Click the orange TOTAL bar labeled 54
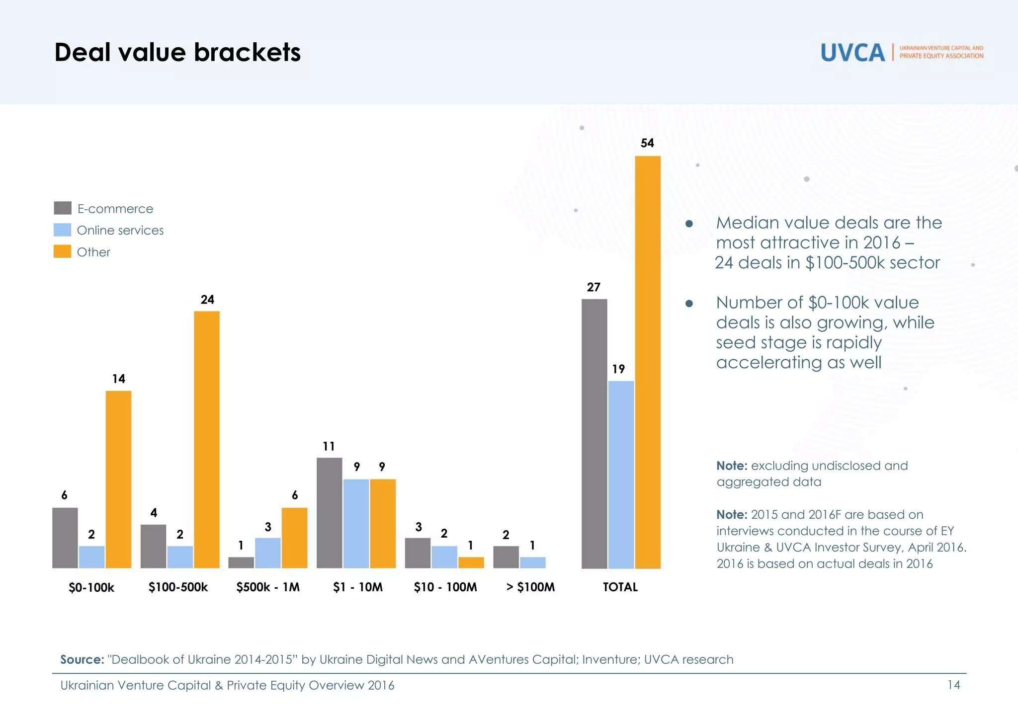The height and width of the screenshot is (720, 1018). point(648,363)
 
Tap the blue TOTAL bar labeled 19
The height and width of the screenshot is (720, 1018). point(621,475)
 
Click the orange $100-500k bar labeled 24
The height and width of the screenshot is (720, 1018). point(207,440)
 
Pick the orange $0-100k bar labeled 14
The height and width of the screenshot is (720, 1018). point(118,480)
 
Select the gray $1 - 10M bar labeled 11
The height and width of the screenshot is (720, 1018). point(329,513)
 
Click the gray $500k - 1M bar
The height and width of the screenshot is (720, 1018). point(241,562)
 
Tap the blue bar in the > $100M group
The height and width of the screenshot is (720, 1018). point(532,562)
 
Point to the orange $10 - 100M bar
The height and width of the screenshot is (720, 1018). point(471,562)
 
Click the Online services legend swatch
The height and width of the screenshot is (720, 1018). point(62,230)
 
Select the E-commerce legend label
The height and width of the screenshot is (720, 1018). point(115,209)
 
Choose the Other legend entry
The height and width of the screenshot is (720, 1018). point(93,252)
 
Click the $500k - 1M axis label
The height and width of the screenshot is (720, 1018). point(268,587)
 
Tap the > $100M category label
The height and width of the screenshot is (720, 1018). point(530,587)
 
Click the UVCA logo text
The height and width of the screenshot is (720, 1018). point(852,52)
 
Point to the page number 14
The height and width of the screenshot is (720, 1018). point(953,685)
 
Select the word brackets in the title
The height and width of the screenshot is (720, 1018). point(247,52)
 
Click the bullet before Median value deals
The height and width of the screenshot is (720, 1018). point(689,224)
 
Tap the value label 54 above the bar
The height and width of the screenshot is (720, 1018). point(647,143)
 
